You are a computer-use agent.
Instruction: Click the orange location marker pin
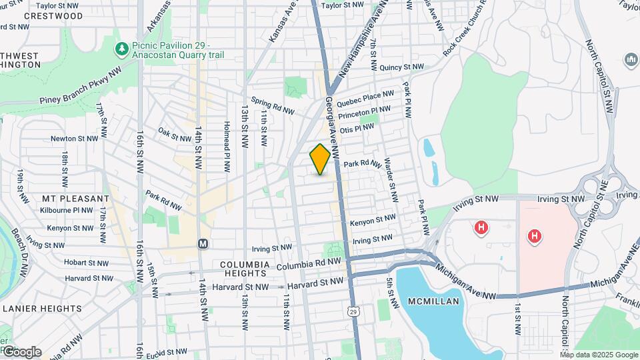[321, 159]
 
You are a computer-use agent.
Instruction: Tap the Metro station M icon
[203, 244]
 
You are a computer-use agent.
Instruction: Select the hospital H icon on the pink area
[533, 236]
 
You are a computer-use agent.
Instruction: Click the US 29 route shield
[351, 310]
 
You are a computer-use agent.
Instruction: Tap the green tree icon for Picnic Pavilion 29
[121, 49]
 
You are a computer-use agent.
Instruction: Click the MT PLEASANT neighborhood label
[75, 199]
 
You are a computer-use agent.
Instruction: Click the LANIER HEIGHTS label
[42, 309]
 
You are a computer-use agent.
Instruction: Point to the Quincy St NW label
[401, 67]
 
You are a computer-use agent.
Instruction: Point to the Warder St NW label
[392, 179]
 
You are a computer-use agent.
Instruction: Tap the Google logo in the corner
[21, 352]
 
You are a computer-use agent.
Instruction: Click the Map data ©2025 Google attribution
[599, 355]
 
